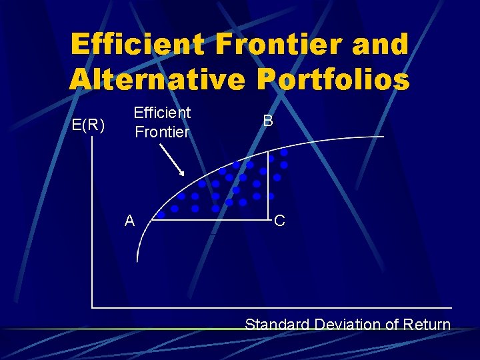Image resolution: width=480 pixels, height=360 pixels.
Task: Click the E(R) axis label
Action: pyautogui.click(x=88, y=125)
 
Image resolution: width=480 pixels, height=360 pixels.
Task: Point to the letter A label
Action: pyautogui.click(x=129, y=221)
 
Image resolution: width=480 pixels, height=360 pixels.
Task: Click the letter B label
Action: pyautogui.click(x=267, y=121)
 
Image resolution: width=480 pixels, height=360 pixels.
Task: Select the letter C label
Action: pyautogui.click(x=279, y=221)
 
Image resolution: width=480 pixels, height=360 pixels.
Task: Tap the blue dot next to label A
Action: pyautogui.click(x=161, y=215)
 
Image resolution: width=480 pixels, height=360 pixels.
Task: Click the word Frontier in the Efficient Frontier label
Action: pyautogui.click(x=162, y=132)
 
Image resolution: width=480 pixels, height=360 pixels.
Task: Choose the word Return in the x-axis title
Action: pyautogui.click(x=428, y=325)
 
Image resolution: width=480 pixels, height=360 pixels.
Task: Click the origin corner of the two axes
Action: pyautogui.click(x=92, y=307)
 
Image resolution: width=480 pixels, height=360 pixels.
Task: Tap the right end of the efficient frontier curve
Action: pyautogui.click(x=383, y=137)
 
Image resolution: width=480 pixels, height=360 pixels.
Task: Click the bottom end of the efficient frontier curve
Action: pyautogui.click(x=137, y=261)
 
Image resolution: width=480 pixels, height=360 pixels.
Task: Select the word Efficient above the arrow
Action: pyautogui.click(x=162, y=113)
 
